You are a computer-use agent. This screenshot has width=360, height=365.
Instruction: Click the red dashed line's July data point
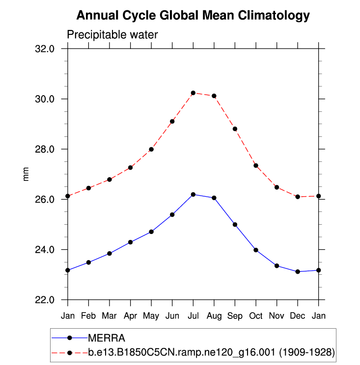[193, 93]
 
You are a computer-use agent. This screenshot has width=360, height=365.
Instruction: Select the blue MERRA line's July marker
[193, 194]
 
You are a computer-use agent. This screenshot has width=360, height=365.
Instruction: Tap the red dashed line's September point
[235, 129]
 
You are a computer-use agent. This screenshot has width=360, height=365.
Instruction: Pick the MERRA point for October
[256, 250]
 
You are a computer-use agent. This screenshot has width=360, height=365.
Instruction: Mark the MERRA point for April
[130, 242]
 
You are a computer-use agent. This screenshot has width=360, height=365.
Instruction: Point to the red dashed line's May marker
[151, 149]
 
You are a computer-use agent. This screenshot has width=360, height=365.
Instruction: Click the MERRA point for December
[298, 271]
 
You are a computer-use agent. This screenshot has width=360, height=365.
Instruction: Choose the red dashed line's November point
[277, 187]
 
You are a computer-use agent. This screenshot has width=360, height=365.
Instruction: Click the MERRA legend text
[106, 338]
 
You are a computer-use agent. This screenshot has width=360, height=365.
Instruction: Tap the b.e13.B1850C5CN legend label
[211, 352]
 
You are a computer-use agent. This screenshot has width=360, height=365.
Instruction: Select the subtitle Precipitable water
[112, 34]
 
